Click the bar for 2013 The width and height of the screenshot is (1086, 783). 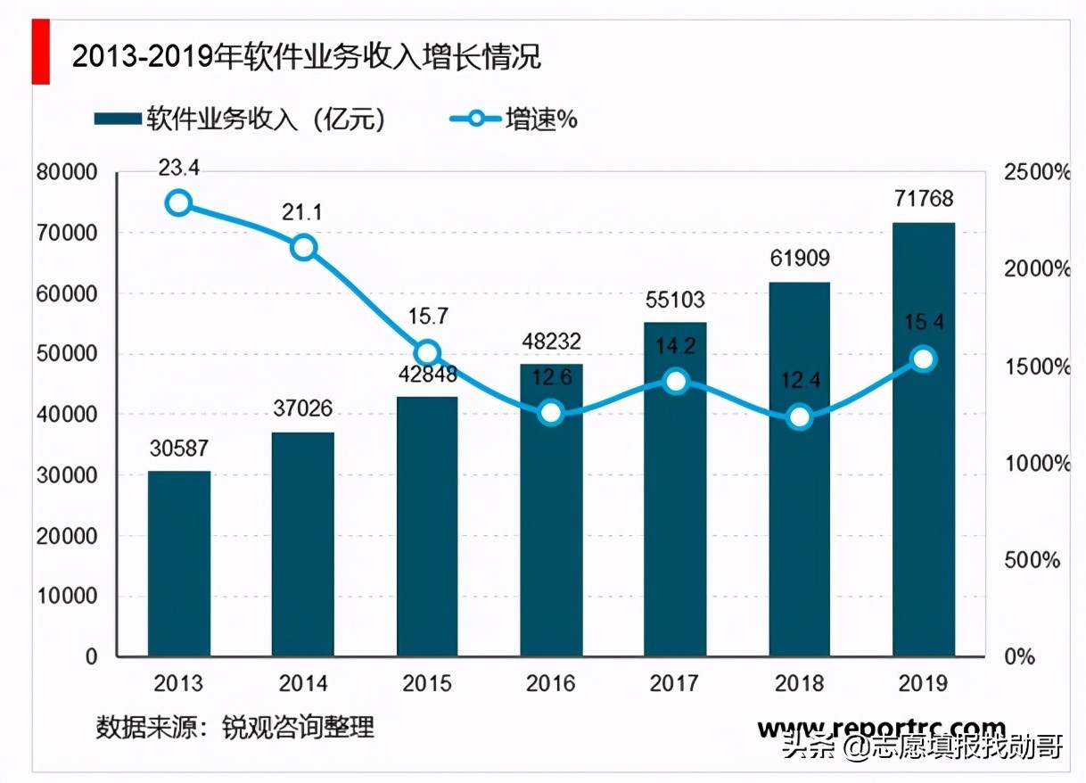pos(179,564)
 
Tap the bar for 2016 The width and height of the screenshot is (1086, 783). pos(551,510)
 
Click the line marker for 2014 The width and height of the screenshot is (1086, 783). pos(304,247)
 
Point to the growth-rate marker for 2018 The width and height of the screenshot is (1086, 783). pos(800,416)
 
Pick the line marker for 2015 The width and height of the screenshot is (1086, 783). pos(428,352)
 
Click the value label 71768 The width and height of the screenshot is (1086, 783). pos(924,198)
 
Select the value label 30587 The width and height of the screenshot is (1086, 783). pos(179,449)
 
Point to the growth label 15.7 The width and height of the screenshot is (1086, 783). pos(429,317)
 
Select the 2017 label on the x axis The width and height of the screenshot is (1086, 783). pos(675,684)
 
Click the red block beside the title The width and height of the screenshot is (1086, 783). pos(40,54)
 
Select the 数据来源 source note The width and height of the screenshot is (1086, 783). pos(235,727)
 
